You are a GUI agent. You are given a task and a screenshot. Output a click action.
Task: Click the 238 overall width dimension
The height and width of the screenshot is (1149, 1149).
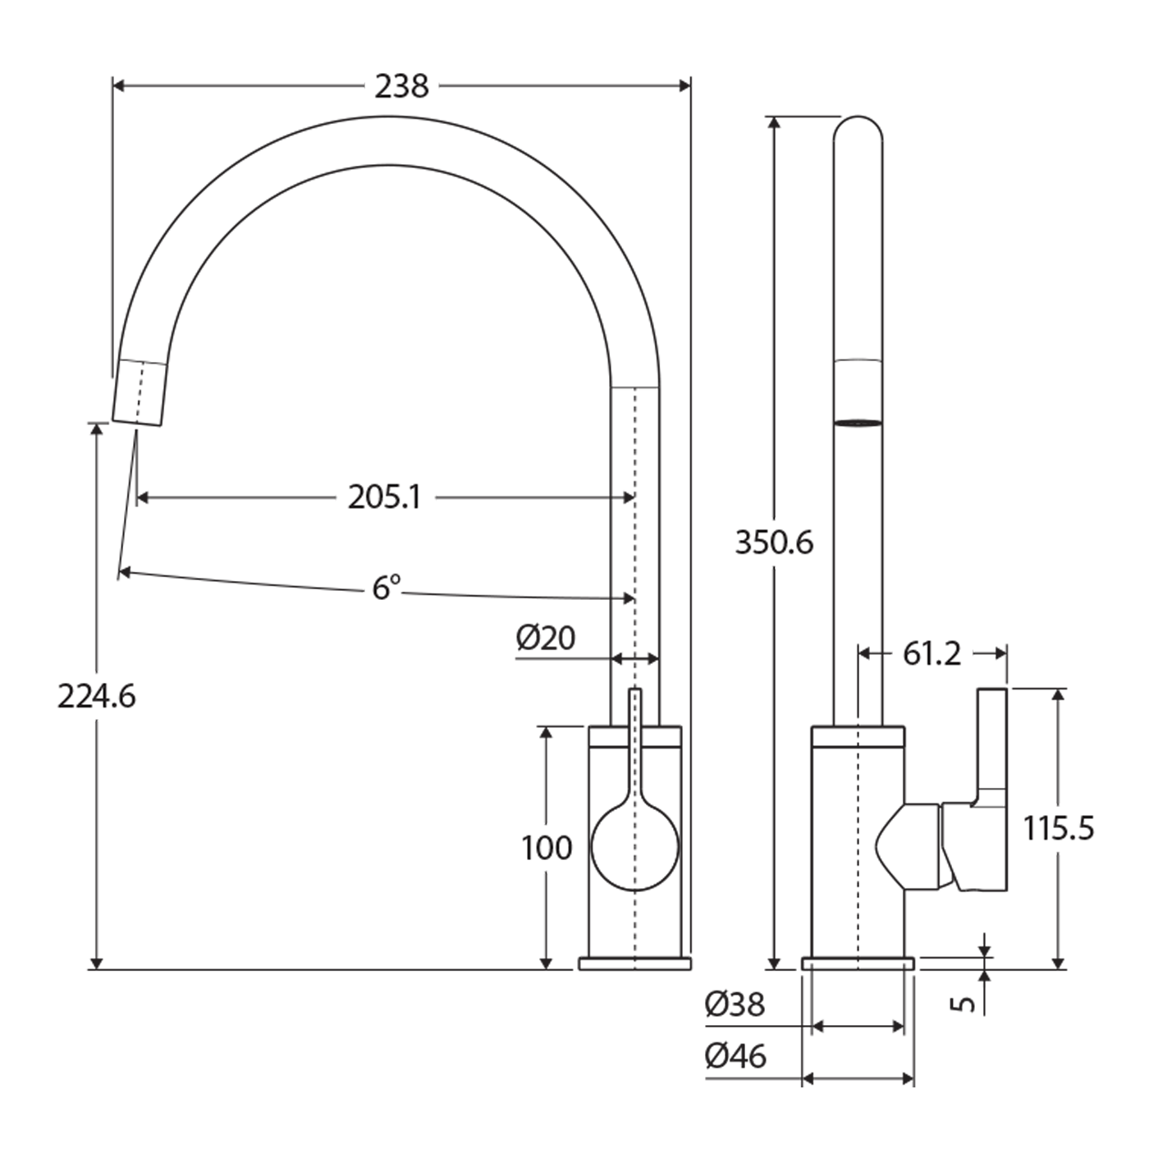[401, 87]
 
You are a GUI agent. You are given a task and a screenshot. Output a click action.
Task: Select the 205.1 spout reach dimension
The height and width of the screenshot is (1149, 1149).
[385, 497]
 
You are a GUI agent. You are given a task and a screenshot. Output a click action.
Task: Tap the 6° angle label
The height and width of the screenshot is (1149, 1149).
[386, 588]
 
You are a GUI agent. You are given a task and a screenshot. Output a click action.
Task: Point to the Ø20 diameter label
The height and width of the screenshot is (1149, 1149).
[546, 638]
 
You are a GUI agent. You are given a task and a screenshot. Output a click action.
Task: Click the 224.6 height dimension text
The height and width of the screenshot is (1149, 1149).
[97, 696]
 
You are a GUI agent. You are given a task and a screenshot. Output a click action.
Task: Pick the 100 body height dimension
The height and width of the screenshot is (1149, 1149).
[547, 848]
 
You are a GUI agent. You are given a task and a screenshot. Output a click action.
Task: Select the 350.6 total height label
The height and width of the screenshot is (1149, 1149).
[774, 542]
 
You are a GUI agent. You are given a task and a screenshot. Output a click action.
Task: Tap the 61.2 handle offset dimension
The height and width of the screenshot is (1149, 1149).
[932, 654]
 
